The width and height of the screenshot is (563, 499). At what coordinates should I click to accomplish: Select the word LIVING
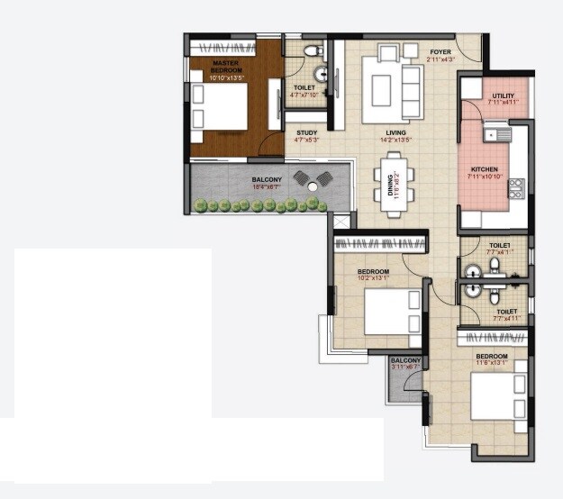coord(396,134)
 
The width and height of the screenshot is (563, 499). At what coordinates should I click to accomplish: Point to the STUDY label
coord(305,134)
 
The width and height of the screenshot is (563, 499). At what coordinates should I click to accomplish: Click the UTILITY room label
coord(503,98)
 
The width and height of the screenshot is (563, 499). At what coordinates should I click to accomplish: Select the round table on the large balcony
coord(313,186)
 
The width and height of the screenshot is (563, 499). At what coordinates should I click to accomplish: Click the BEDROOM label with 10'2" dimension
coord(373,275)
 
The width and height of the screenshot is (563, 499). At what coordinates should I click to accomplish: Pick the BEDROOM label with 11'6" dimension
coord(492,359)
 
